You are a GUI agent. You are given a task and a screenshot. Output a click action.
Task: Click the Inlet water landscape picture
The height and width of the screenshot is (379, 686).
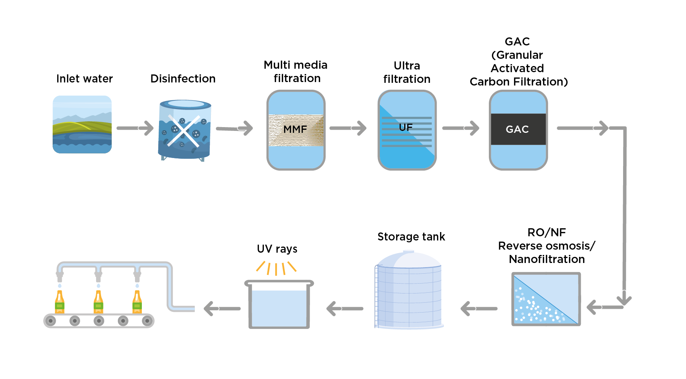tap(82, 124)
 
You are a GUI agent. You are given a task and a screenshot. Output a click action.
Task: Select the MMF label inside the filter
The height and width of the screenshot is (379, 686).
tap(295, 129)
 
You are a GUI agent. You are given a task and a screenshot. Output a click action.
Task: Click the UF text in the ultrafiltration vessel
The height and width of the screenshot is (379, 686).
tap(406, 127)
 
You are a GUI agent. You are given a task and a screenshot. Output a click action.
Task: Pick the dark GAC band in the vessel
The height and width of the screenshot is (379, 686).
tap(518, 129)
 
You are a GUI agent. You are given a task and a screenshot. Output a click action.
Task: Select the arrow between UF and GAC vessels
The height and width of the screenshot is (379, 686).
tap(460, 128)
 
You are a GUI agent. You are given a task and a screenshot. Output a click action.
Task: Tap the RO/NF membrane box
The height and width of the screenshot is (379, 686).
tap(546, 299)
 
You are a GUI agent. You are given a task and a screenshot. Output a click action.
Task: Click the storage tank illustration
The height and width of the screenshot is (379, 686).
tap(409, 290)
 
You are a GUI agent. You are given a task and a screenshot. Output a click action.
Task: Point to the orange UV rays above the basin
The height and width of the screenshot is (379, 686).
tap(276, 268)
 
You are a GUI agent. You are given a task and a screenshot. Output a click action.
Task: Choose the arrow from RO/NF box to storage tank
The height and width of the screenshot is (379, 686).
tap(479, 308)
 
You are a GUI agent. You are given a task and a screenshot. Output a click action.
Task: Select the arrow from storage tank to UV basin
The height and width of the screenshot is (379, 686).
tap(345, 308)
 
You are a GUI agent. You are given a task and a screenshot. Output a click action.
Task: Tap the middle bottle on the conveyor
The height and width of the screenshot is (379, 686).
tap(98, 302)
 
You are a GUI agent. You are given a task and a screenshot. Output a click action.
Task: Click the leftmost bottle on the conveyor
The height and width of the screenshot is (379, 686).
tap(59, 302)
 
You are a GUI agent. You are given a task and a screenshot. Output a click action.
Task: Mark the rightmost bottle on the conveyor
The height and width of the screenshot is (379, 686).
tap(137, 302)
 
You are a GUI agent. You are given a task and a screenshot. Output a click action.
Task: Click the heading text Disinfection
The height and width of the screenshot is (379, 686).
tap(183, 79)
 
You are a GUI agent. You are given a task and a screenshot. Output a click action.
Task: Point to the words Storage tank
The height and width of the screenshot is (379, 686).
tap(411, 237)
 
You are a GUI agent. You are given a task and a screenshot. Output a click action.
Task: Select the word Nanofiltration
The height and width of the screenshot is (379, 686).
tap(546, 259)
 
